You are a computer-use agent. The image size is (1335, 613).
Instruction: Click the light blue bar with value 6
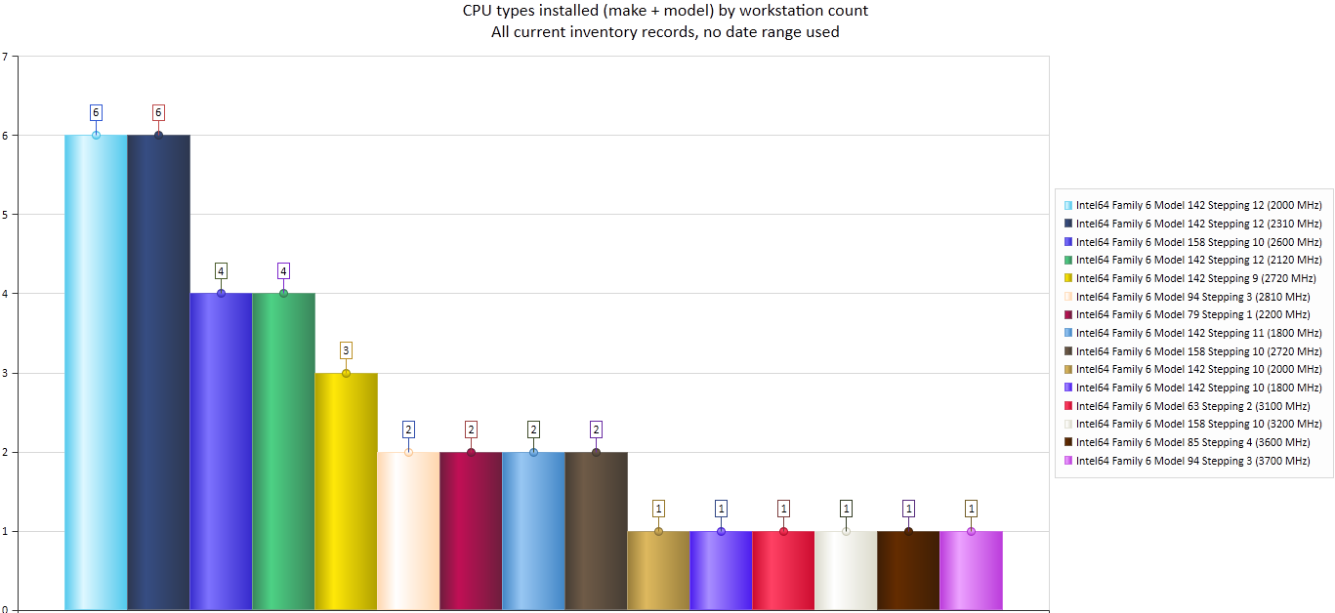pyautogui.click(x=96, y=371)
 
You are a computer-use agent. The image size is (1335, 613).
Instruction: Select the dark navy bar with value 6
pyautogui.click(x=158, y=371)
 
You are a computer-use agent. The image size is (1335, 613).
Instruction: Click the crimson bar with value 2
pyautogui.click(x=471, y=531)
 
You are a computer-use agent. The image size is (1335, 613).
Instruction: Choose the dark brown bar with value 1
pyautogui.click(x=908, y=570)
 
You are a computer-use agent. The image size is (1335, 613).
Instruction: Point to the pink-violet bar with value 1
pyautogui.click(x=971, y=570)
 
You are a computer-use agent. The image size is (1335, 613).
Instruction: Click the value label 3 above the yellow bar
pyautogui.click(x=346, y=349)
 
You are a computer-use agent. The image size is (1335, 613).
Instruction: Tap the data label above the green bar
pyautogui.click(x=283, y=270)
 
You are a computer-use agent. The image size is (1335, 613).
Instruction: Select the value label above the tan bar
pyautogui.click(x=658, y=508)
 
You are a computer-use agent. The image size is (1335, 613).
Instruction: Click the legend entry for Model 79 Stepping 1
pyautogui.click(x=1191, y=314)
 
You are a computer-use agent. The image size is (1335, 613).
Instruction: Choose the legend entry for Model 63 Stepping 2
pyautogui.click(x=1191, y=406)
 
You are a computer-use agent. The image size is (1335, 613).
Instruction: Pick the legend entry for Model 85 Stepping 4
pyautogui.click(x=1191, y=442)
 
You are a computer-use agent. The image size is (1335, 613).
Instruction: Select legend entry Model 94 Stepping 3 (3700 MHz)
pyautogui.click(x=1191, y=461)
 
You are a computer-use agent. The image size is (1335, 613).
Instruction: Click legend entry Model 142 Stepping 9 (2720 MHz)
pyautogui.click(x=1191, y=278)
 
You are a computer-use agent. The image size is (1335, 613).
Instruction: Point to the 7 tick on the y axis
pyautogui.click(x=5, y=57)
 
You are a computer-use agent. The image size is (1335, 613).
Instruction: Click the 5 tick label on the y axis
pyautogui.click(x=5, y=215)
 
